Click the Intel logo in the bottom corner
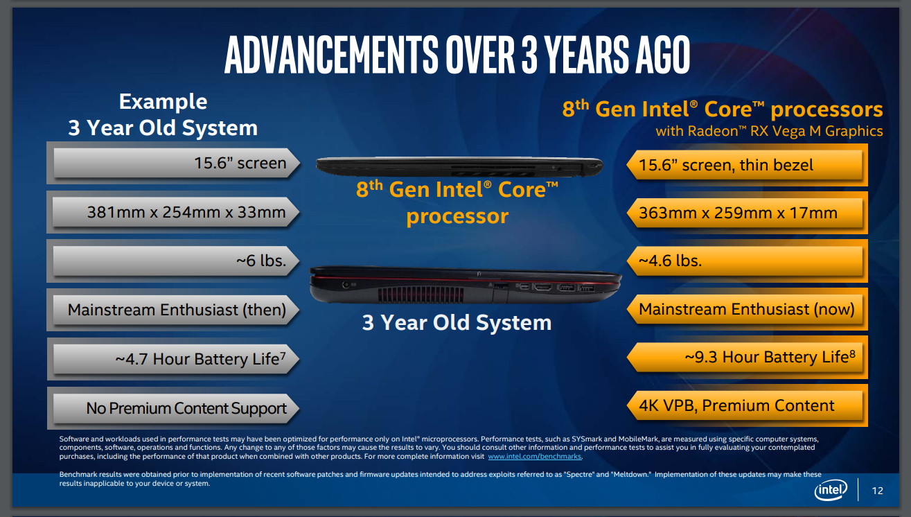(x=831, y=490)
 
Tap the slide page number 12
(x=877, y=491)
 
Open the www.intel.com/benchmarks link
(x=534, y=457)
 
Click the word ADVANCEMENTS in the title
(x=331, y=55)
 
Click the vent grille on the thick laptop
(x=421, y=295)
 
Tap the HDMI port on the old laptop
(x=542, y=288)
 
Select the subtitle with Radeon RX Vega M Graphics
(x=769, y=131)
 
